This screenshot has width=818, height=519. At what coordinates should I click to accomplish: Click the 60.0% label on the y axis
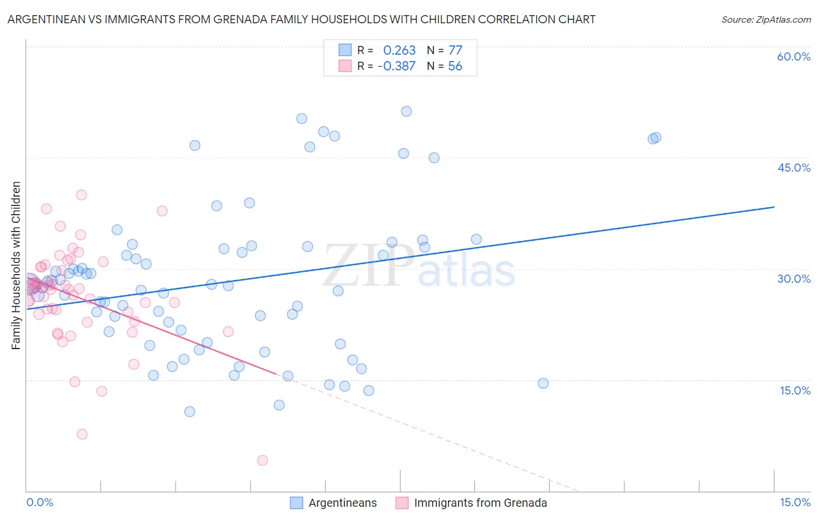794,56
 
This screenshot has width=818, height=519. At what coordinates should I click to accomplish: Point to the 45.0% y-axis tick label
794,168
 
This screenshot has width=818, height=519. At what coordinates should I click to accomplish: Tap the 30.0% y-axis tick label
794,279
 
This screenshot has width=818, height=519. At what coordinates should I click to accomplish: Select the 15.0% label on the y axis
795,390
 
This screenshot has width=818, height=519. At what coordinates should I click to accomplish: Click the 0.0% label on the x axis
40,502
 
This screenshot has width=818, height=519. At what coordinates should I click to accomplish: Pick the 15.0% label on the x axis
795,502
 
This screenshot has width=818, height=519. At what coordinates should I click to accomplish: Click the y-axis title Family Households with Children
16,265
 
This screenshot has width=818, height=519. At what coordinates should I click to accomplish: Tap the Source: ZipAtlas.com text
766,19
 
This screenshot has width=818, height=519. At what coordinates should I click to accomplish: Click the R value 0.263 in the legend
399,50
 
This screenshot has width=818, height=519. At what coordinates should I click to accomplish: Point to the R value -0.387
396,66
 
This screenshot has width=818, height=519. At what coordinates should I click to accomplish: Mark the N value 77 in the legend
455,50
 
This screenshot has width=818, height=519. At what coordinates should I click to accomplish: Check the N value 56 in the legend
455,66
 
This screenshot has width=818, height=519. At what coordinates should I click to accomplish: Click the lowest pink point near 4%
262,460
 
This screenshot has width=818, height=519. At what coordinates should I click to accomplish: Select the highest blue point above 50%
407,111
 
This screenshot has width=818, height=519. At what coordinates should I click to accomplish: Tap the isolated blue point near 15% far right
543,383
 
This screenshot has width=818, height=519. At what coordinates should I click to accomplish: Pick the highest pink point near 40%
81,195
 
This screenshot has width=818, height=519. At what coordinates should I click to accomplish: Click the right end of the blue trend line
774,207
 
